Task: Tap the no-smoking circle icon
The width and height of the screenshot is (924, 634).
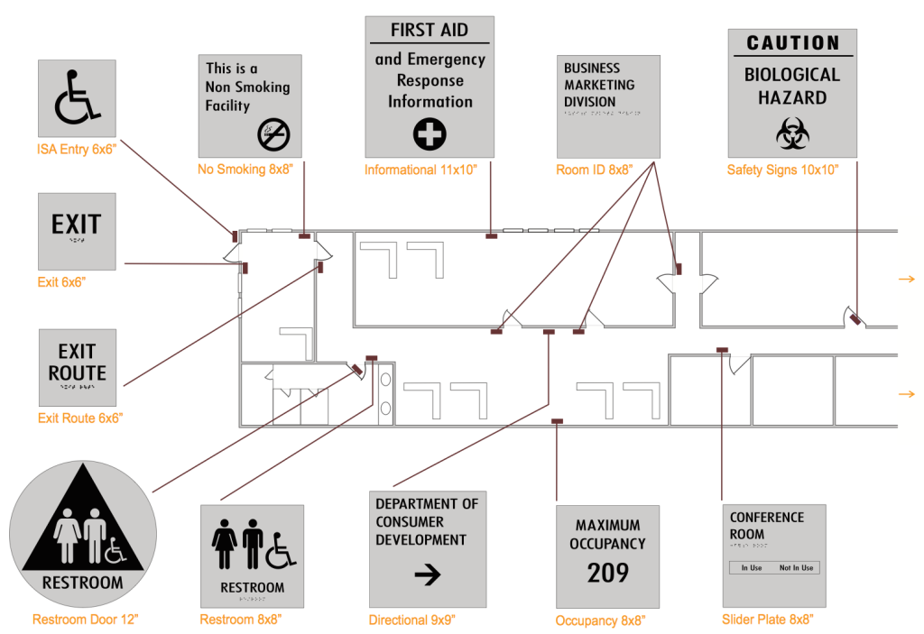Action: coord(273,134)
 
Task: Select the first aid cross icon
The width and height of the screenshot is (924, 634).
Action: coord(430,135)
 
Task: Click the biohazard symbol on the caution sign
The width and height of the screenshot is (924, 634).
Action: coord(792,135)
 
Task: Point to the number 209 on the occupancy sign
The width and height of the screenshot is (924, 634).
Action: coord(607,573)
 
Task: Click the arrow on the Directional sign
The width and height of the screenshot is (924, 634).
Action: coord(427,574)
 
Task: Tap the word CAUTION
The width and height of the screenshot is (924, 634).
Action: coord(792,43)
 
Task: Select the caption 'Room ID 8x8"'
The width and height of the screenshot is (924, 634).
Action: coord(595,169)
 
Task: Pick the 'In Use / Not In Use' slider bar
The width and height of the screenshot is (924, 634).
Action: coord(773,567)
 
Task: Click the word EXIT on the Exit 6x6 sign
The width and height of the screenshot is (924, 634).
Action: coord(76,225)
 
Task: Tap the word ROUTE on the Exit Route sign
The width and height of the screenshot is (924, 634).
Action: coord(77,372)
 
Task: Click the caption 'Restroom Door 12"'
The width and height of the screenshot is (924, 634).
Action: coord(85,620)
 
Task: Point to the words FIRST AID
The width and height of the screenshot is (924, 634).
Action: coord(429,30)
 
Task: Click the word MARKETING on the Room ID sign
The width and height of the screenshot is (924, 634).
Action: coord(598,85)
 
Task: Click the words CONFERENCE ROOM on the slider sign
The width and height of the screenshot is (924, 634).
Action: coord(766,525)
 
